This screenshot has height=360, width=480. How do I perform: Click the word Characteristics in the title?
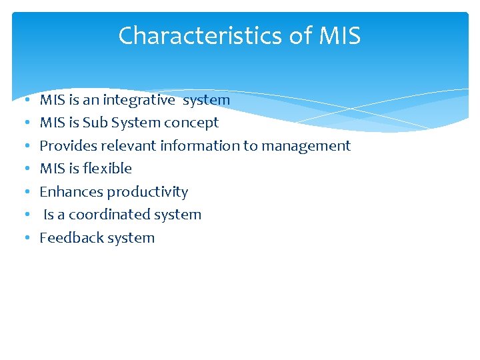click(201, 36)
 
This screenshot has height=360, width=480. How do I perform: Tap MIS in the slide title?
click(340, 36)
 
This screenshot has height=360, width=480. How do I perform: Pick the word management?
click(307, 146)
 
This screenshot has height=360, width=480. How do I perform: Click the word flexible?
click(107, 169)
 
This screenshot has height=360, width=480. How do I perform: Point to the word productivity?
click(148, 192)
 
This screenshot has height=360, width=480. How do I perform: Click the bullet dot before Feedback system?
click(25, 238)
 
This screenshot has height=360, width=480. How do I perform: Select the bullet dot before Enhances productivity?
click(25, 192)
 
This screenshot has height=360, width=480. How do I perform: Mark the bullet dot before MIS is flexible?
click(25, 169)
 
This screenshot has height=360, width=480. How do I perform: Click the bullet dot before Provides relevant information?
click(25, 146)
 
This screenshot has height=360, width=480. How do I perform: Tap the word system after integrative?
click(206, 100)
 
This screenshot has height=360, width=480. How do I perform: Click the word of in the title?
click(301, 36)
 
